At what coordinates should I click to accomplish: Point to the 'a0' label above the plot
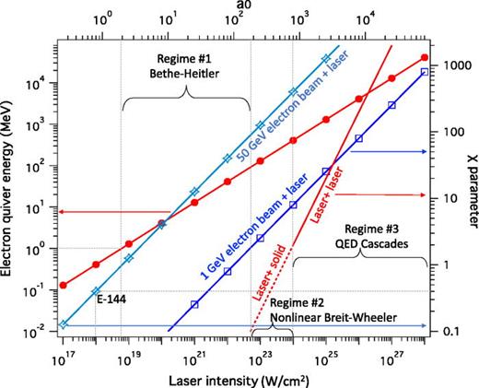[x=242, y=8]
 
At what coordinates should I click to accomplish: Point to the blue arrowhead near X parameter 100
[x=423, y=151]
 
